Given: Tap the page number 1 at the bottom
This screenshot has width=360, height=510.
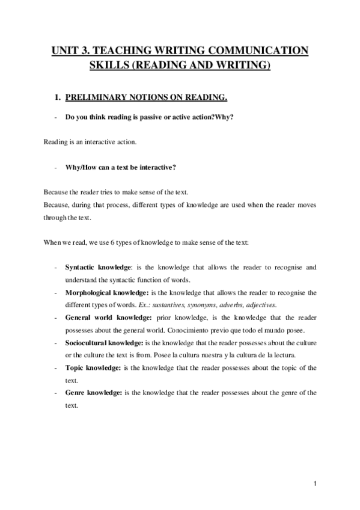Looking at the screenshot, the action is [x=314, y=483].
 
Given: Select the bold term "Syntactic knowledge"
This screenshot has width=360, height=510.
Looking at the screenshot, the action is [x=98, y=266].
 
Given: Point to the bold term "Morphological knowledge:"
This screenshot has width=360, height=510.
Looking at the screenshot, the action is [x=106, y=293].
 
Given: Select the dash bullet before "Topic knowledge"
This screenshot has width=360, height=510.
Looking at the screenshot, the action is [x=55, y=367].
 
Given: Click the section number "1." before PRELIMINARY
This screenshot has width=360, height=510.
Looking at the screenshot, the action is [x=58, y=97].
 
